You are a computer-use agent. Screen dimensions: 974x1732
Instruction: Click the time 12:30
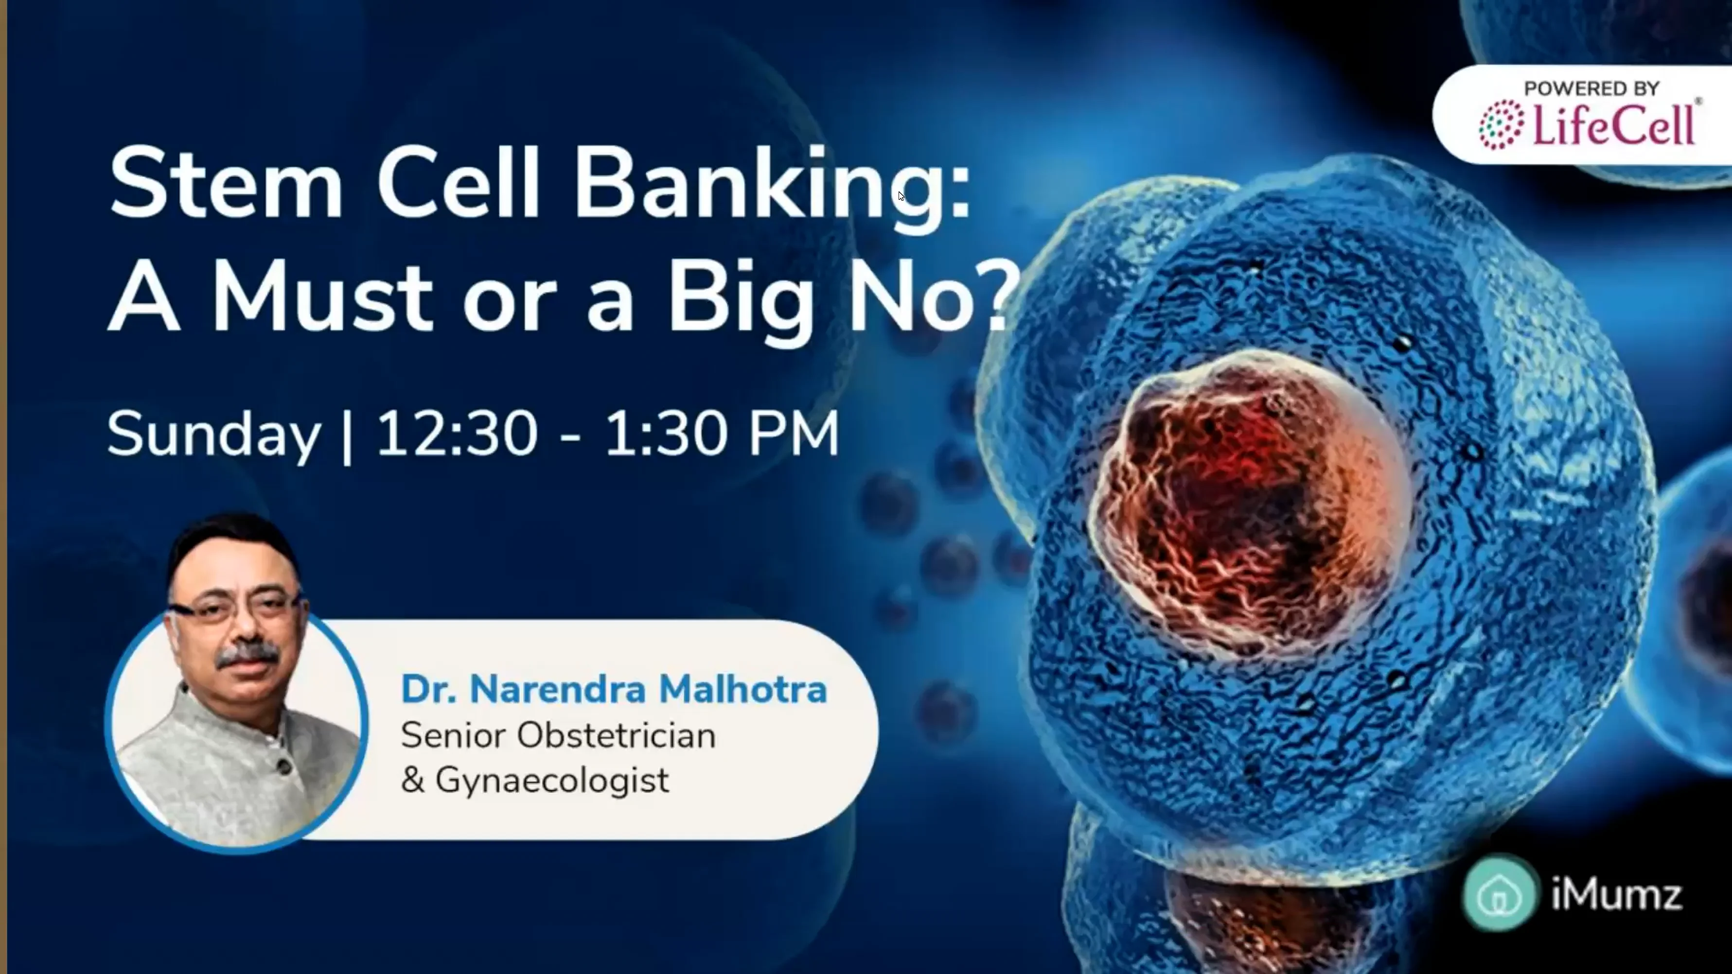(x=457, y=434)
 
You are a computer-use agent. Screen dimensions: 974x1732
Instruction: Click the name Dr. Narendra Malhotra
(x=613, y=690)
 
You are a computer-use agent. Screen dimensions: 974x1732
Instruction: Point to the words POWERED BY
(x=1591, y=88)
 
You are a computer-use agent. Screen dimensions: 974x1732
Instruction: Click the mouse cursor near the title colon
(x=901, y=195)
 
